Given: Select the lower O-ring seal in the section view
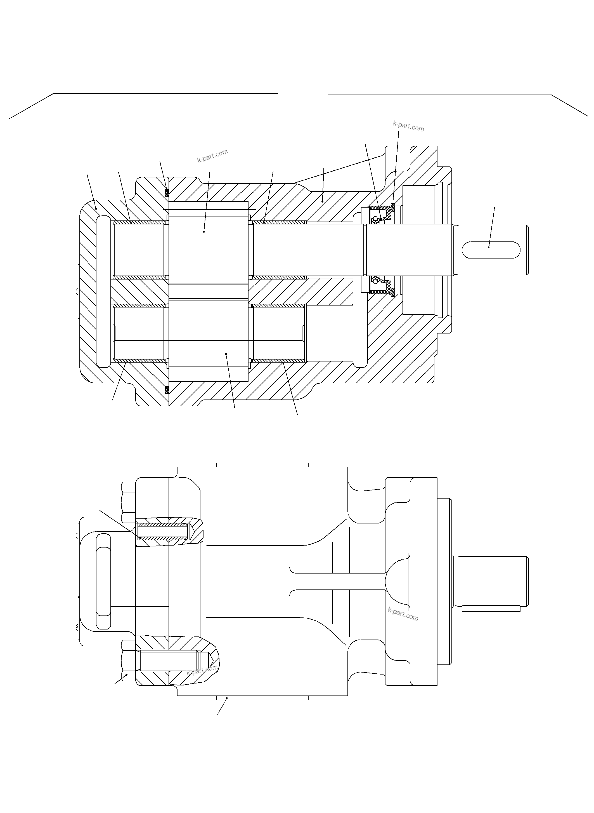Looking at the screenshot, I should [x=167, y=390].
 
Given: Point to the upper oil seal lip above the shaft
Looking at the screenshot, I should [x=381, y=215].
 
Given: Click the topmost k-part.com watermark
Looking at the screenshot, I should [x=408, y=126].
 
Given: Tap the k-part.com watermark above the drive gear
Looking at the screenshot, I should [x=212, y=156].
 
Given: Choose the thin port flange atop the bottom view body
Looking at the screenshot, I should [x=262, y=465].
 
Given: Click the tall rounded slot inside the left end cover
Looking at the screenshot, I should [x=103, y=292].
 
